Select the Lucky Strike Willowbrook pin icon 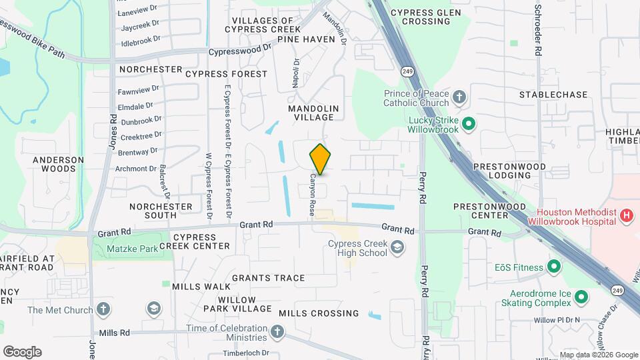(x=468, y=123)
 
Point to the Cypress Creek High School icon (x=397, y=248)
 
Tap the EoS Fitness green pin (x=554, y=267)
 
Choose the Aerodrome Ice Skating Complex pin (x=581, y=297)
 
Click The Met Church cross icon (x=103, y=309)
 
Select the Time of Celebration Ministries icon (x=277, y=331)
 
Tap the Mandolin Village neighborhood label (x=313, y=113)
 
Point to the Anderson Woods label (x=59, y=164)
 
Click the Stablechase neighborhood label (x=553, y=95)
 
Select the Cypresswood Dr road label (x=241, y=51)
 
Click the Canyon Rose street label (x=311, y=195)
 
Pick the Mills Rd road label (x=113, y=333)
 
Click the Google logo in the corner (x=22, y=351)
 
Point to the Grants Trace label (x=269, y=278)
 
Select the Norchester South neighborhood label (x=161, y=211)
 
